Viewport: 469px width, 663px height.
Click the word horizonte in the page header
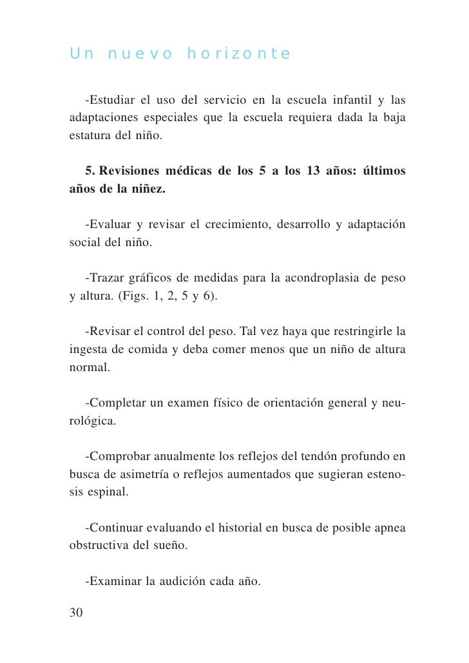(x=238, y=53)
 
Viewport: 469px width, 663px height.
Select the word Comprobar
(x=120, y=457)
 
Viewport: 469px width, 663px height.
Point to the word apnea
(x=390, y=528)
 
